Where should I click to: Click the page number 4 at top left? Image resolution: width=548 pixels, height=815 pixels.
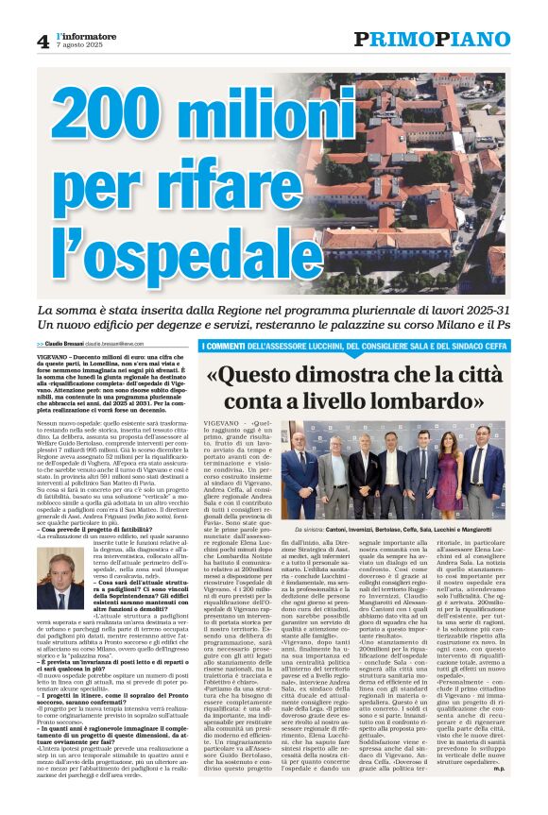(43, 41)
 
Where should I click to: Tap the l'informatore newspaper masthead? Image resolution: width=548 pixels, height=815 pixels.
(86, 36)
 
